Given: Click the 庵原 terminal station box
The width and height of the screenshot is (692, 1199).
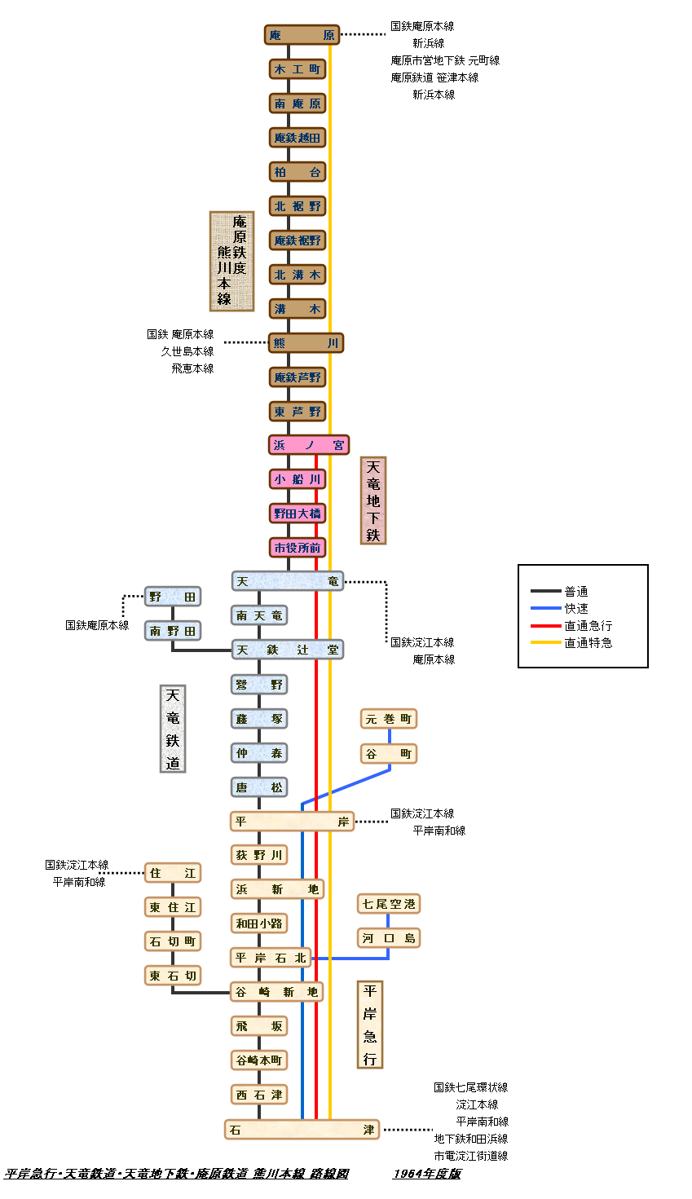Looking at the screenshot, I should (302, 35).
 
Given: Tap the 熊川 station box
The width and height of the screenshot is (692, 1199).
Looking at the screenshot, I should (306, 343).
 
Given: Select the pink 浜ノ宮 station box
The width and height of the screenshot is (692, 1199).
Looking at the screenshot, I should (309, 445).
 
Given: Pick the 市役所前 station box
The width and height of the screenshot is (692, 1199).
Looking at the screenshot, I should (298, 548).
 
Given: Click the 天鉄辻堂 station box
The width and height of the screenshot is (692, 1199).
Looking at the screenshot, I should (288, 650).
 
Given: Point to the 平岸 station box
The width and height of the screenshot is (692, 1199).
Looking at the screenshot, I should (292, 822).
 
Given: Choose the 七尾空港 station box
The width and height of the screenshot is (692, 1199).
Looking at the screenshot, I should (389, 904).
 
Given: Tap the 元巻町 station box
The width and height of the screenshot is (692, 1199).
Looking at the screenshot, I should (389, 719).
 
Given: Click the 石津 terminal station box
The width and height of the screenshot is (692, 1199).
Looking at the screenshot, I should (302, 1130).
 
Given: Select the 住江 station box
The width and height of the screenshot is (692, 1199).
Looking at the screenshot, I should (173, 873).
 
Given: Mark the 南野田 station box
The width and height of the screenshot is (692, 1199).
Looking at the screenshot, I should (173, 631).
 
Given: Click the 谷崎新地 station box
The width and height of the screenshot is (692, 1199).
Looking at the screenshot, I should (276, 992).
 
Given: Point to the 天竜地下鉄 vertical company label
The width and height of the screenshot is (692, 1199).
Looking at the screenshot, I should (373, 500).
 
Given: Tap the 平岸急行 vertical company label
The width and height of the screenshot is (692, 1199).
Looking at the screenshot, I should (370, 1025).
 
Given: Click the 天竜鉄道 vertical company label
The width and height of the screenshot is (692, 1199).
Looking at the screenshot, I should (173, 729).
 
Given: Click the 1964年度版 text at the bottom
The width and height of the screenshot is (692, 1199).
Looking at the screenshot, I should (427, 1174).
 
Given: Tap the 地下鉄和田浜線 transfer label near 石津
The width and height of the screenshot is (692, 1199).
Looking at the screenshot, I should (471, 1139).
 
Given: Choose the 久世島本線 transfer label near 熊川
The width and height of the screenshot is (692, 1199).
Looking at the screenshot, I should (187, 351).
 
